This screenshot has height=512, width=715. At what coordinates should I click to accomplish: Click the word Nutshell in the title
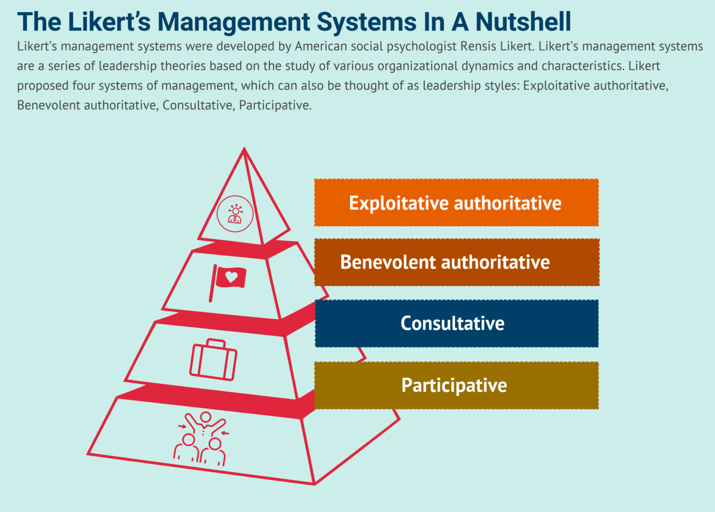(523, 22)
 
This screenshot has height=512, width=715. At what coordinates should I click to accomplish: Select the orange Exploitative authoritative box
(456, 203)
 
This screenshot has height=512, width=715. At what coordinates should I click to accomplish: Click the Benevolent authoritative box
(456, 262)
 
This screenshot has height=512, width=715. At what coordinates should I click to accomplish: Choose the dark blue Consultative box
(456, 323)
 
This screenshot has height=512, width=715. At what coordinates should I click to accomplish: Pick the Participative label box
(456, 385)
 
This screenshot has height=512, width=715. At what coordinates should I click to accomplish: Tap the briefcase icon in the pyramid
(213, 360)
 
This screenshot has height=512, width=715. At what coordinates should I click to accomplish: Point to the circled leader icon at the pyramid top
(235, 214)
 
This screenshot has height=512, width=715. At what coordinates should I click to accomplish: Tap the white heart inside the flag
(231, 277)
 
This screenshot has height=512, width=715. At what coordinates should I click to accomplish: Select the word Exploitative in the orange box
(399, 203)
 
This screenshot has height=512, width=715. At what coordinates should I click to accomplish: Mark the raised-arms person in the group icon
(205, 422)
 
